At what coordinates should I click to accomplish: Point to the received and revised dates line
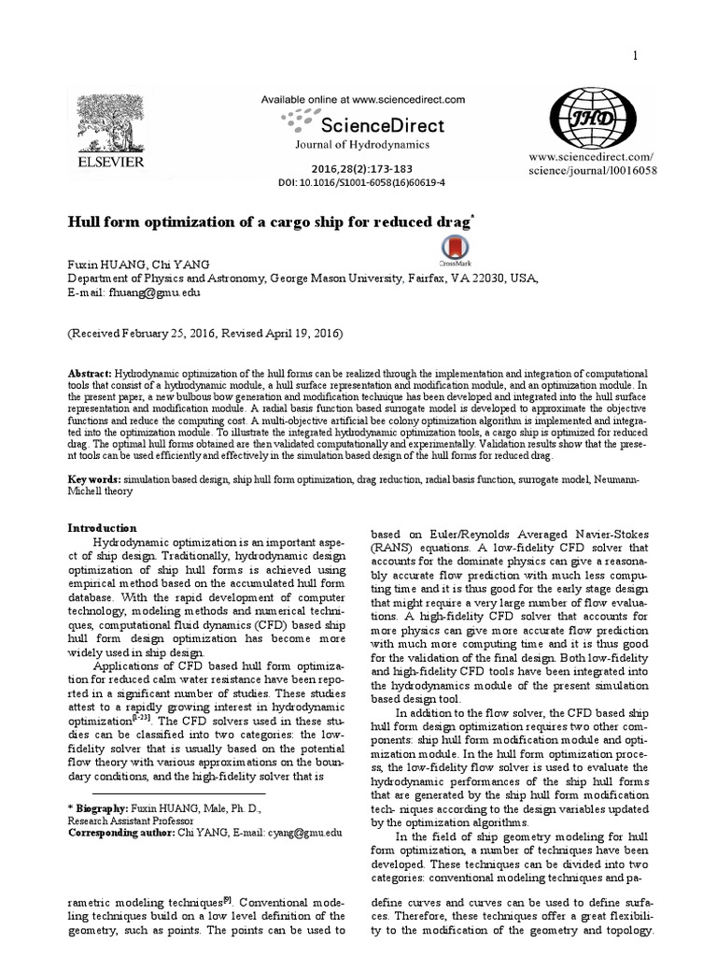point(204,333)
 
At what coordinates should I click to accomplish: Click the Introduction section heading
point(104,528)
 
